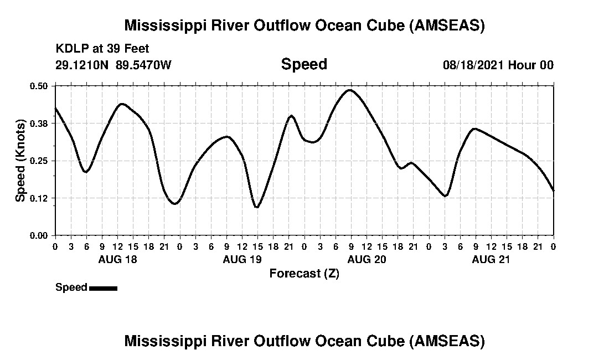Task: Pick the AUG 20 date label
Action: [x=366, y=259]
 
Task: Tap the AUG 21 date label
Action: [x=491, y=259]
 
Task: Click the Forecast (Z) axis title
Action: [x=304, y=274]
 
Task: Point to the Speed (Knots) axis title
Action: [x=20, y=161]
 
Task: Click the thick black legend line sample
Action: [x=103, y=288]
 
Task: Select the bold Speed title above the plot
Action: [x=304, y=64]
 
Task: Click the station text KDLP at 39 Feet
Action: [x=102, y=49]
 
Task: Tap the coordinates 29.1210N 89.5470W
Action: [x=113, y=65]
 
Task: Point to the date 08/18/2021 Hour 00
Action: [x=498, y=65]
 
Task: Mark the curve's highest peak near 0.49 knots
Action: [x=350, y=90]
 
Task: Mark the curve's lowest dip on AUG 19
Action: [x=257, y=207]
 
